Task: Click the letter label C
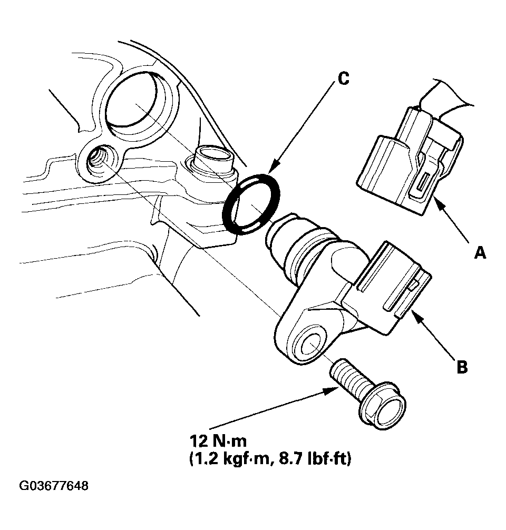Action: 343,79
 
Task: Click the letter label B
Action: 462,367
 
